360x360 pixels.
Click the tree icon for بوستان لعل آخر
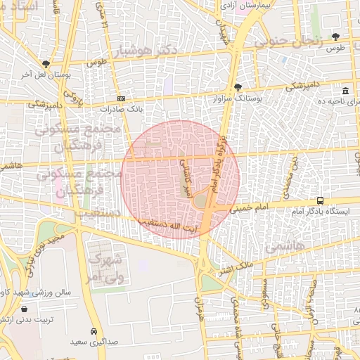click(x=46, y=63)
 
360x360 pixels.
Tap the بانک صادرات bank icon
click(x=121, y=98)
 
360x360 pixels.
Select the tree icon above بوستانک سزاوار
click(x=238, y=88)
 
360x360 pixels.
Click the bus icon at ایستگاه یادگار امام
click(x=321, y=200)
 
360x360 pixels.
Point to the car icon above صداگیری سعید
click(x=94, y=331)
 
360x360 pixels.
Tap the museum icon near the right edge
click(x=345, y=91)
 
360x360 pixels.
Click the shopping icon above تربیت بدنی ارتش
click(x=25, y=309)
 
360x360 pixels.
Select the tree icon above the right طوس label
click(x=335, y=37)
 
